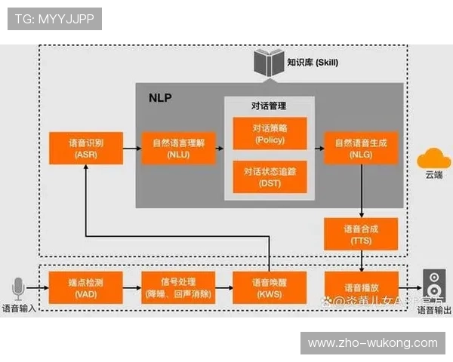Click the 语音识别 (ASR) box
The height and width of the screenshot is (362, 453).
[x=85, y=148]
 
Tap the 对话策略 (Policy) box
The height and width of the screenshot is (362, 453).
[x=270, y=133]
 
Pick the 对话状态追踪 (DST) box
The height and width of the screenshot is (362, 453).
[x=270, y=176]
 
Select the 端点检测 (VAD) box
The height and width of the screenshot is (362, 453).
[x=85, y=287]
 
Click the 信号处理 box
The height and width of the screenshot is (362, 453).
[x=178, y=287]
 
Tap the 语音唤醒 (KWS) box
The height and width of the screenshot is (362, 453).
[x=270, y=287]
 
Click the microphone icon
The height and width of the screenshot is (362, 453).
[x=19, y=289]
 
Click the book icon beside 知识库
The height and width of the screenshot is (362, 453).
[x=268, y=62]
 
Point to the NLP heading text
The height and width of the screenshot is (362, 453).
[x=160, y=97]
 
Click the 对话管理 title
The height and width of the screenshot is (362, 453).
[x=269, y=105]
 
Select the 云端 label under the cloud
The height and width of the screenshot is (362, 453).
[x=433, y=176]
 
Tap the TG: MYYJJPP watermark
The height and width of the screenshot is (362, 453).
[x=54, y=18]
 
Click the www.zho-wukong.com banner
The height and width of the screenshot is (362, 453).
[x=372, y=343]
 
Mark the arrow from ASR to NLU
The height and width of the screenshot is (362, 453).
[x=131, y=149]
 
